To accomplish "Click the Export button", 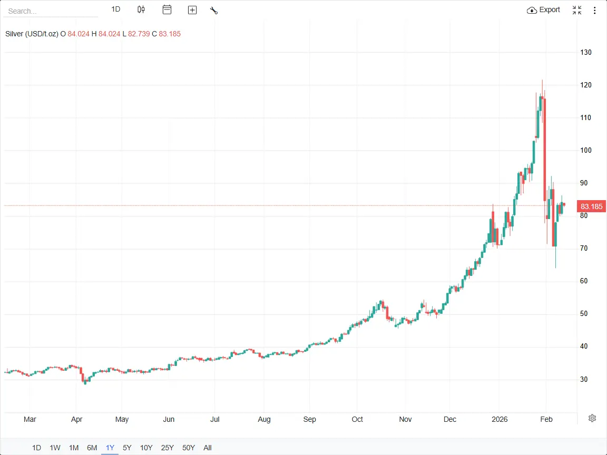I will [x=544, y=10].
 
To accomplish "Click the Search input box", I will [x=50, y=11].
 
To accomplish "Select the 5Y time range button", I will [x=127, y=448].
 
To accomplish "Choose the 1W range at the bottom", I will [x=55, y=448].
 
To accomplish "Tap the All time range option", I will [x=208, y=448].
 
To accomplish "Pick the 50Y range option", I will [x=189, y=448].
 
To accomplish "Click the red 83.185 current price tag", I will [x=591, y=206].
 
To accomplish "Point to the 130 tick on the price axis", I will [x=586, y=53].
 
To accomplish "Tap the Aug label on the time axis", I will [x=264, y=419].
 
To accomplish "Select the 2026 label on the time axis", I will [x=499, y=419].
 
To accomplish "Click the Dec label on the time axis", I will [x=450, y=419].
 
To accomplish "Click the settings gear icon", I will [x=592, y=418].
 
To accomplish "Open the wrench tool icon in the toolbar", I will [x=214, y=10].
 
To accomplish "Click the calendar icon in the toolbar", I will [x=167, y=9].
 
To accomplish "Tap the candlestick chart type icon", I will [x=141, y=9].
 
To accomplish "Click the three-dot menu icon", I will [x=595, y=10].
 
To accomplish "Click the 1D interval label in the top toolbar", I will [x=116, y=9].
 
